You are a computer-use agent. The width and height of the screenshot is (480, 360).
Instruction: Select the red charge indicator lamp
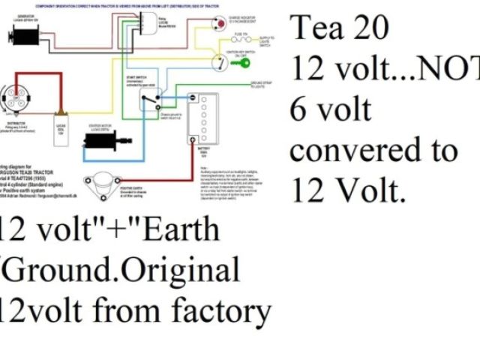coord(219,24)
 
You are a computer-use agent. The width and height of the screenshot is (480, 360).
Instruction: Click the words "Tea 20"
coord(339,28)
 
